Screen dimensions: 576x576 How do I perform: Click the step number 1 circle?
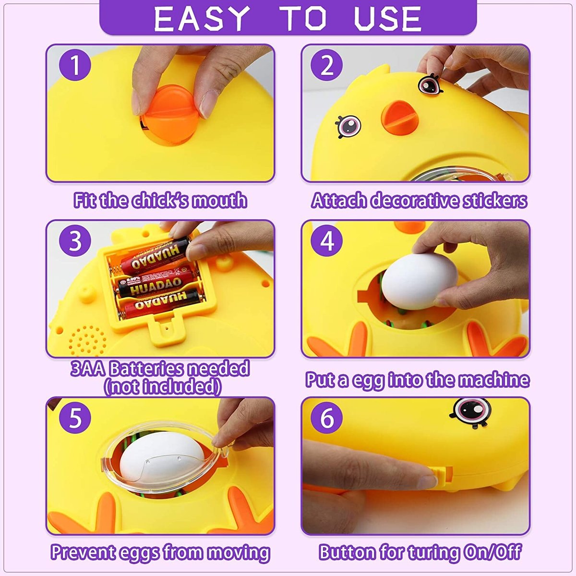(75, 65)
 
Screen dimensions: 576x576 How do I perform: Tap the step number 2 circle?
(326, 65)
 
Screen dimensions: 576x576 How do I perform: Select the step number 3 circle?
(75, 241)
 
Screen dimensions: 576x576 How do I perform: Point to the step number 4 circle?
(326, 241)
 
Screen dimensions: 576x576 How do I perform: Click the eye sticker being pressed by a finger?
(429, 84)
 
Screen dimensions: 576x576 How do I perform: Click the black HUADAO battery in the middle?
(156, 283)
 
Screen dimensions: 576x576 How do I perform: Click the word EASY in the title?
(202, 18)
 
